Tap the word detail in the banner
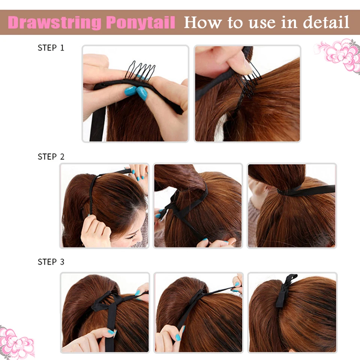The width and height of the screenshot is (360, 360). (x=326, y=22)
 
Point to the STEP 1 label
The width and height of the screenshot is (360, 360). (x=51, y=48)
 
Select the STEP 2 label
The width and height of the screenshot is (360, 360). (x=51, y=157)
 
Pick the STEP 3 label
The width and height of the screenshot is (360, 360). (x=51, y=262)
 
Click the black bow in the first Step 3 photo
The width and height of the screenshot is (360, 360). (x=107, y=302)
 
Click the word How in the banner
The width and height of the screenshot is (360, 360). (x=202, y=22)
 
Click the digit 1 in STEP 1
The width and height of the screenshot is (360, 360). (x=61, y=48)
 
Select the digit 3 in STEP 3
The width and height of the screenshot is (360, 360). (x=61, y=262)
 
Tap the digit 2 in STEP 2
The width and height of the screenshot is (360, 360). (x=61, y=157)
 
